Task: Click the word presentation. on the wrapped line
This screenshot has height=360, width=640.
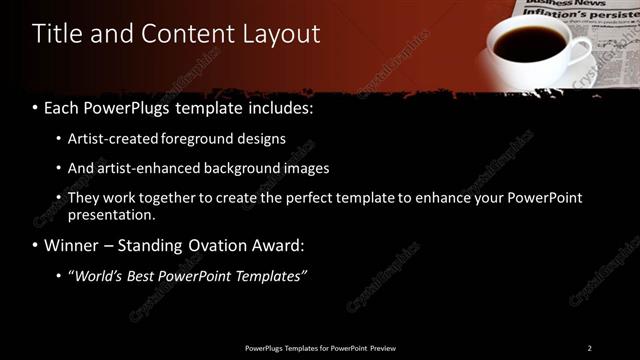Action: click(112, 214)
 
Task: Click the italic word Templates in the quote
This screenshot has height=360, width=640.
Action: click(269, 276)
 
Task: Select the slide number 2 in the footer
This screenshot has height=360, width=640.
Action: click(589, 348)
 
